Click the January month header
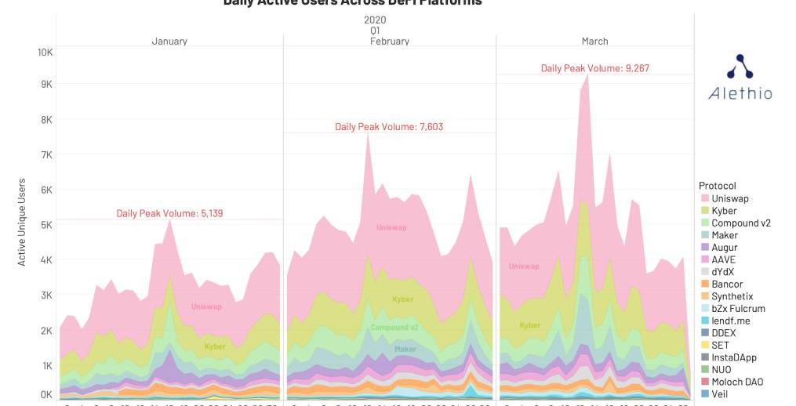(169, 41)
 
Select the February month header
(390, 41)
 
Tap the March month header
(595, 41)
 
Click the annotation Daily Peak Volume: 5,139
(164, 213)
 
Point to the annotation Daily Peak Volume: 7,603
(383, 127)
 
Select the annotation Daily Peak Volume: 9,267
(595, 68)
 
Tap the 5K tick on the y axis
(45, 225)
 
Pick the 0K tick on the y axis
(45, 395)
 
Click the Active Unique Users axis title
(22, 222)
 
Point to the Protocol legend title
(717, 186)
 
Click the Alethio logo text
(740, 93)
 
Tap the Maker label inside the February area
(405, 349)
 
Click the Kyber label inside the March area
(530, 324)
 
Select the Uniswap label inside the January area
(206, 306)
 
